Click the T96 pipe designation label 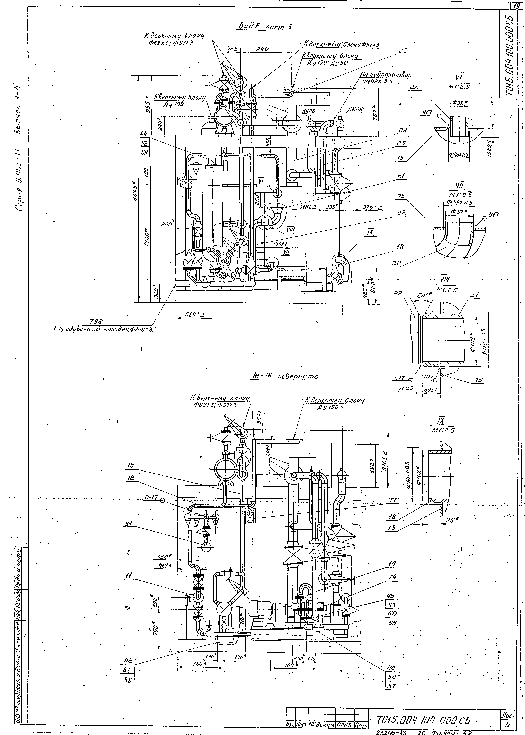pos(96,321)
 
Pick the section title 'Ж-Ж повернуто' pos(285,376)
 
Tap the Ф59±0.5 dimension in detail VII pos(459,203)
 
